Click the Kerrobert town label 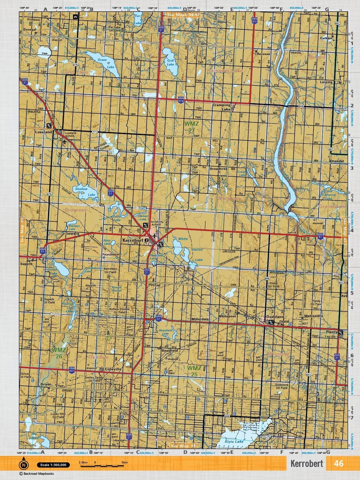click(133, 241)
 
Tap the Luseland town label click(44, 132)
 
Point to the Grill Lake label click(170, 62)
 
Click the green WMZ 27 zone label click(189, 127)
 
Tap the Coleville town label click(113, 369)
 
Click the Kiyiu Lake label click(234, 442)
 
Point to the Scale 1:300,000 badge click(53, 465)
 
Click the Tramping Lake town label click(222, 107)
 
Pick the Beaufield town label click(170, 350)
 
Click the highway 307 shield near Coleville click(71, 371)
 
